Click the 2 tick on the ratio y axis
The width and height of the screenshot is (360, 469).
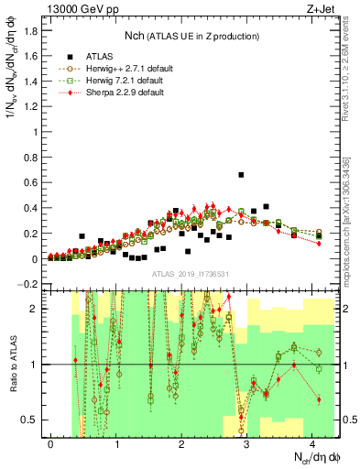[x=35, y=309]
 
